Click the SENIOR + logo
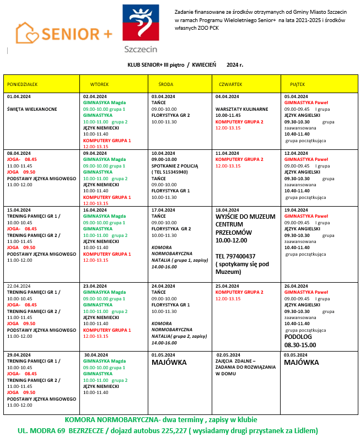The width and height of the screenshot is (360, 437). pyautogui.click(x=63, y=33)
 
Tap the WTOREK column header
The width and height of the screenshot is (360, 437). pyautogui.click(x=99, y=84)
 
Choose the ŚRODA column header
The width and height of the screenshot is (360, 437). pyautogui.click(x=165, y=84)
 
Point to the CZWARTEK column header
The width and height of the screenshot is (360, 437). pyautogui.click(x=230, y=84)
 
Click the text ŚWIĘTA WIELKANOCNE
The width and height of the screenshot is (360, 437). pyautogui.click(x=32, y=109)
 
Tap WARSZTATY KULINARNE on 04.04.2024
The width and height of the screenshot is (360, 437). pyautogui.click(x=242, y=109)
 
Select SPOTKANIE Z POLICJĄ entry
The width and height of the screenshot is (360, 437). pyautogui.click(x=174, y=166)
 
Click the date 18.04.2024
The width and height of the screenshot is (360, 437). pyautogui.click(x=228, y=210)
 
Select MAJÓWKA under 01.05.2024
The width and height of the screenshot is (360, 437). pyautogui.click(x=169, y=363)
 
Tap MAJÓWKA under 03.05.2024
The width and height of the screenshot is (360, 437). pyautogui.click(x=302, y=363)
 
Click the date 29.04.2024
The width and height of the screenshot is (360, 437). pyautogui.click(x=19, y=355)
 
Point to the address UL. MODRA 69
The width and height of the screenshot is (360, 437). pyautogui.click(x=43, y=430)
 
